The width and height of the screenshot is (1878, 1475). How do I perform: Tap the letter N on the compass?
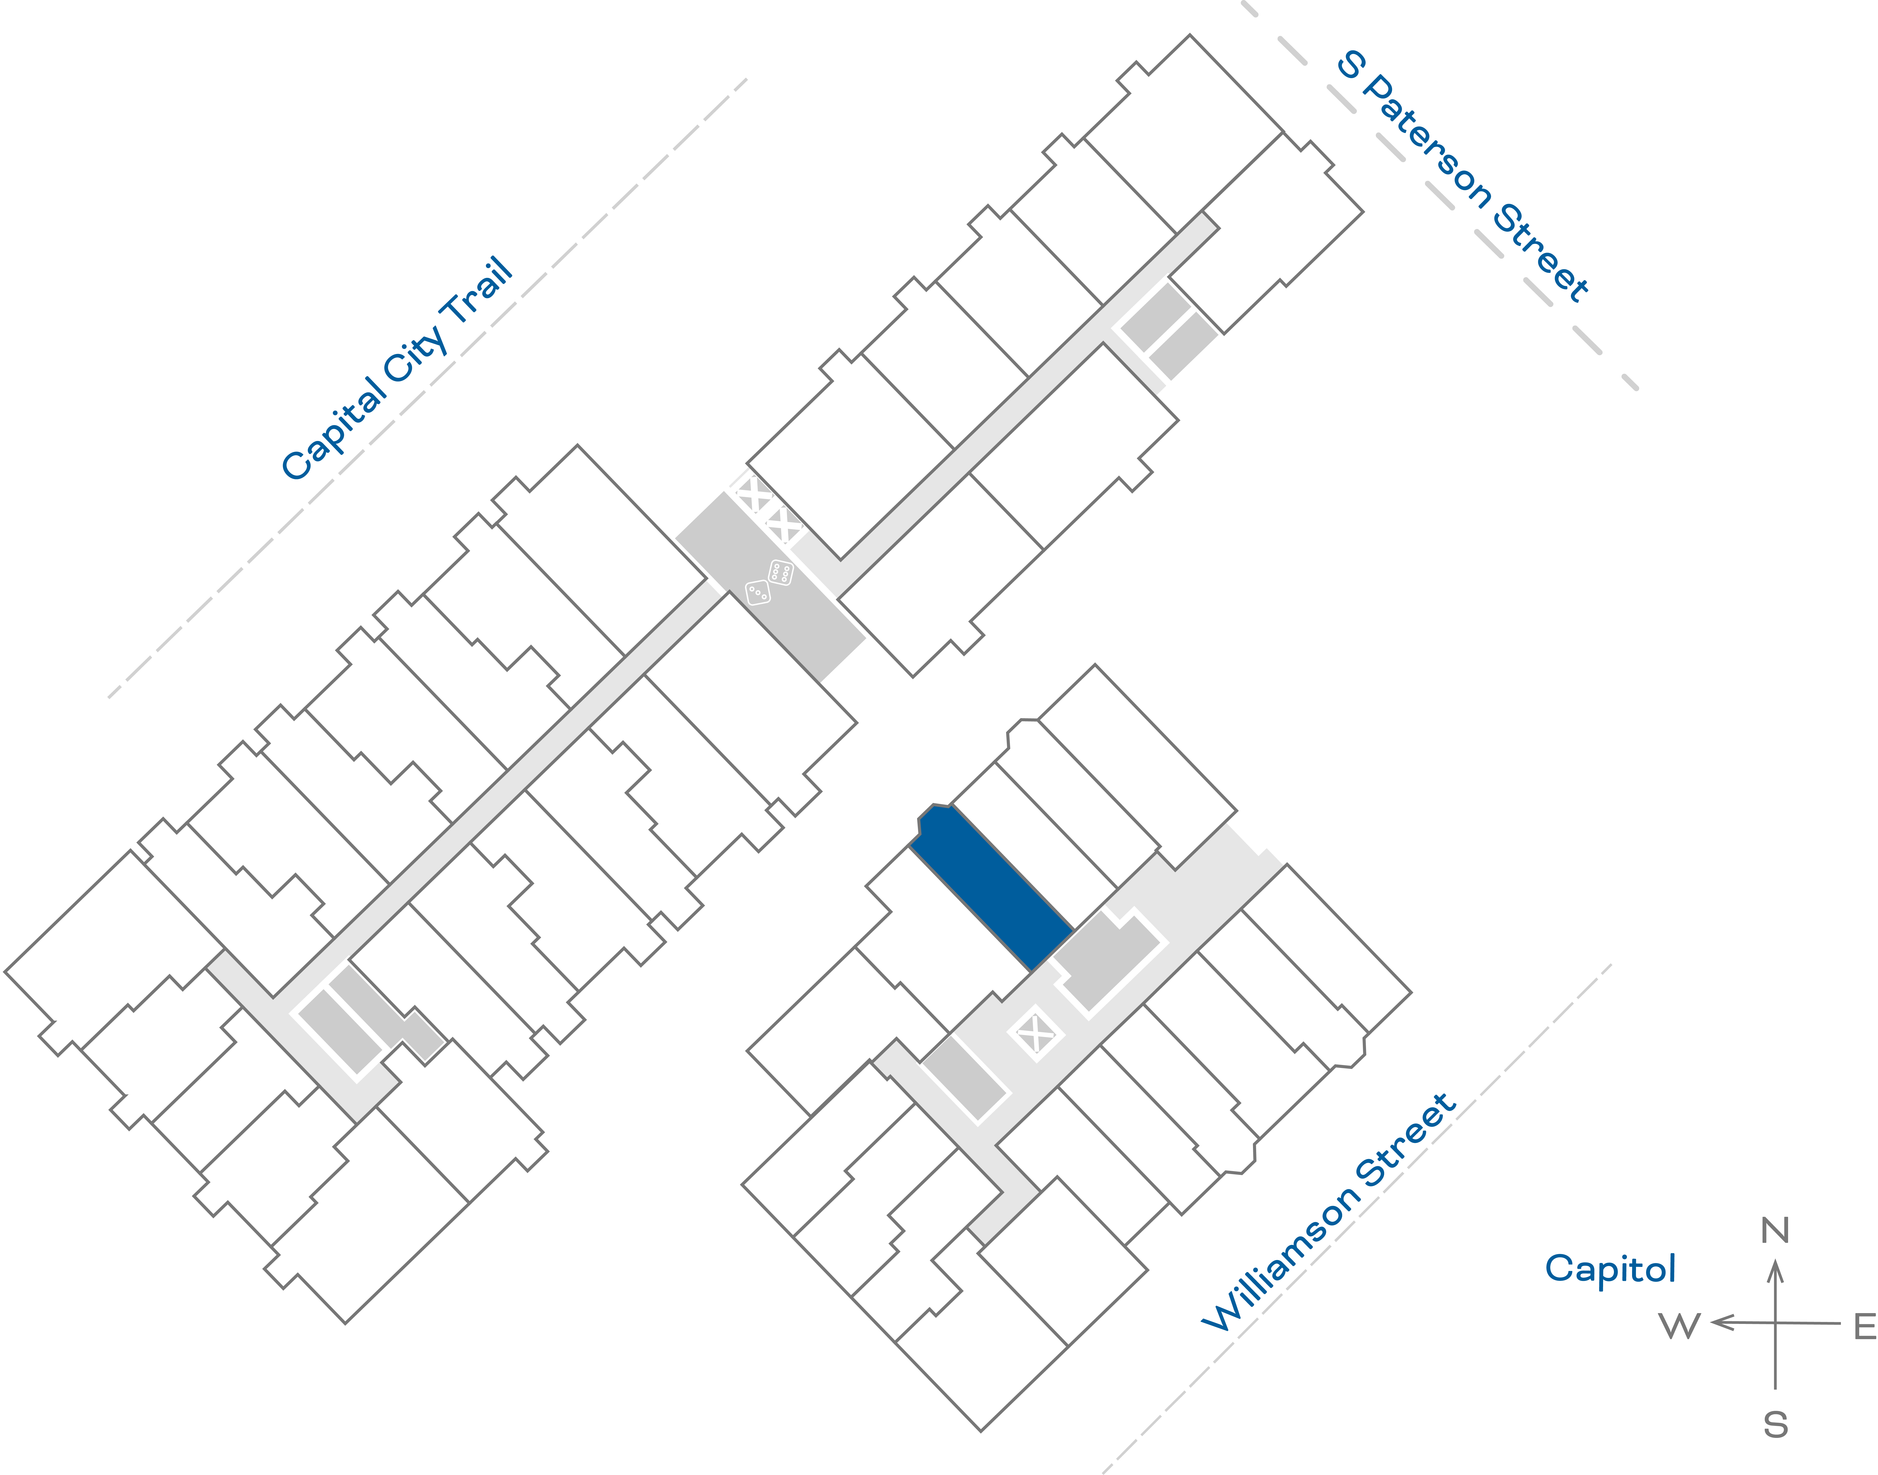pyautogui.click(x=1775, y=1231)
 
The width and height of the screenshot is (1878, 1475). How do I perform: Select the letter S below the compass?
pyautogui.click(x=1775, y=1424)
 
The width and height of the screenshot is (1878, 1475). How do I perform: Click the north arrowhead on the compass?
pyautogui.click(x=1775, y=1271)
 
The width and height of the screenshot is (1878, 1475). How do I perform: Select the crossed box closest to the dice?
pyautogui.click(x=784, y=524)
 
